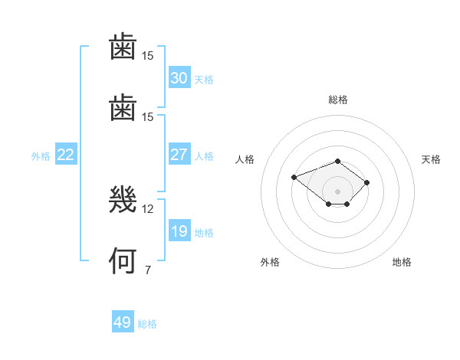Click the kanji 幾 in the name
(x=123, y=200)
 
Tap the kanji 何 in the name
(x=123, y=260)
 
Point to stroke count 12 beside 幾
(x=147, y=209)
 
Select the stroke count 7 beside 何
(x=148, y=270)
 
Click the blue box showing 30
(x=179, y=77)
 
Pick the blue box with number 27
(x=179, y=154)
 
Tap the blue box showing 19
(x=179, y=230)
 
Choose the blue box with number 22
(x=66, y=154)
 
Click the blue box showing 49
(x=123, y=321)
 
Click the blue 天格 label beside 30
(x=204, y=80)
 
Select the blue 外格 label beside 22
(x=41, y=156)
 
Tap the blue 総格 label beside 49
(x=147, y=324)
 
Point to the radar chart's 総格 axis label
(x=338, y=100)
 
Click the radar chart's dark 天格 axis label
(x=431, y=159)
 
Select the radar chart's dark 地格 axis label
(x=402, y=262)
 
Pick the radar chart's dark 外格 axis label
(x=270, y=262)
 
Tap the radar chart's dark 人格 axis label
(x=245, y=159)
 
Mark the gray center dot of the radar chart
(x=337, y=191)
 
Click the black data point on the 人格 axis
(x=294, y=177)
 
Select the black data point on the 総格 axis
(x=337, y=162)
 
